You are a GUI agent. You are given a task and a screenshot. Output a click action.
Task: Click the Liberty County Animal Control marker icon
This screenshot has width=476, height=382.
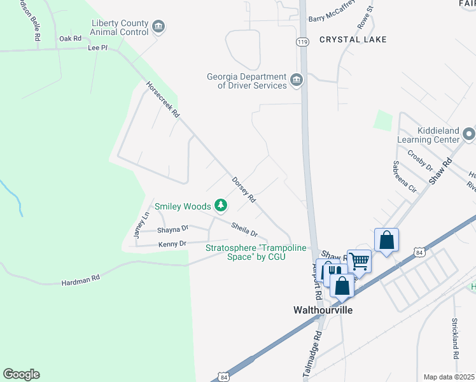tap(158, 26)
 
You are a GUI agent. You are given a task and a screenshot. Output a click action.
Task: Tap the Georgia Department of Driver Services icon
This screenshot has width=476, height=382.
tap(296, 80)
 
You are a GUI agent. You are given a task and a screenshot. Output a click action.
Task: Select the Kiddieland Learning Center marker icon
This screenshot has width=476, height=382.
tap(469, 134)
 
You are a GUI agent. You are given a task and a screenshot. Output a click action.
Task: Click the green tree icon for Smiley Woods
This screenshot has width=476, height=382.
tap(221, 206)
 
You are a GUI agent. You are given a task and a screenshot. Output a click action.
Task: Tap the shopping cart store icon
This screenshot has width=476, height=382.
tap(359, 260)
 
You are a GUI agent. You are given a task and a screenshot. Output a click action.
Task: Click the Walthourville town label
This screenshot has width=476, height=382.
tap(323, 310)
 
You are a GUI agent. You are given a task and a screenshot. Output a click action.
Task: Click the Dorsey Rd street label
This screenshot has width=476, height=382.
tap(243, 190)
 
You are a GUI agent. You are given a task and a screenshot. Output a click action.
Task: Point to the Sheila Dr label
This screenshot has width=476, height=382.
tap(244, 229)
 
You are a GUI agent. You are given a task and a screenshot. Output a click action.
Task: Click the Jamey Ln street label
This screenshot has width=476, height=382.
tap(141, 225)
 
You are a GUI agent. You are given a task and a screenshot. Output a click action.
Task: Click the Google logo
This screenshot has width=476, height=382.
tap(21, 374)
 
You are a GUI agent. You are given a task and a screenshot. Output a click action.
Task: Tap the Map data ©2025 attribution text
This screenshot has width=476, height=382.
tap(449, 377)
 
